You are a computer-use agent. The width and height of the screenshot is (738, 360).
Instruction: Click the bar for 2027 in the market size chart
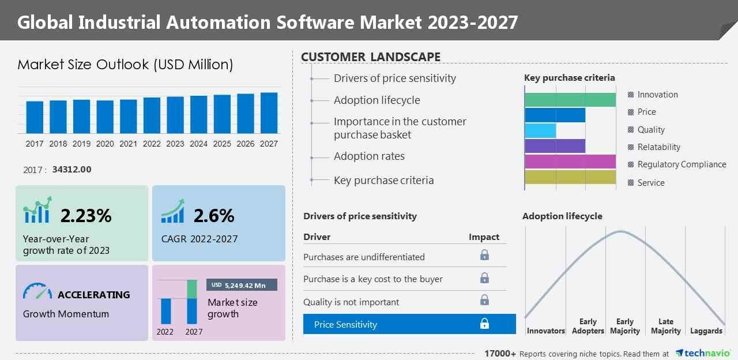tap(269, 113)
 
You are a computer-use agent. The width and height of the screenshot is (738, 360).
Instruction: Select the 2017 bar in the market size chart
tap(35, 117)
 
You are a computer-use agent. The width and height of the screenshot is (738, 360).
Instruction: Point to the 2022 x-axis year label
tap(152, 144)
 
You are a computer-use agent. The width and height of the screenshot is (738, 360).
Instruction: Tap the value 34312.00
tap(71, 170)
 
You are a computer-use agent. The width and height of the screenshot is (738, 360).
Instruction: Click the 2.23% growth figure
tap(86, 216)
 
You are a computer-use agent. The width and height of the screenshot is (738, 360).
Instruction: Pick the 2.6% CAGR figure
tap(214, 216)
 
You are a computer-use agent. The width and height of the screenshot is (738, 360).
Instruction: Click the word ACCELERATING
tap(93, 295)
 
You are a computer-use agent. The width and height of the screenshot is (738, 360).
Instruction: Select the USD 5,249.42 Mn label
tap(242, 285)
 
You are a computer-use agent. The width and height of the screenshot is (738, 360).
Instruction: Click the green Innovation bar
tap(570, 99)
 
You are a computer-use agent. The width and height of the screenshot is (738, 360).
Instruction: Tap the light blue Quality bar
tap(540, 130)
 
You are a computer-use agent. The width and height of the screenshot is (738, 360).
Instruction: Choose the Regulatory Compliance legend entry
tap(681, 164)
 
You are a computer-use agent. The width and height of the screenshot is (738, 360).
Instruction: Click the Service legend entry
tap(650, 183)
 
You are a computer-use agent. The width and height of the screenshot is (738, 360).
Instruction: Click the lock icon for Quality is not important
tap(484, 300)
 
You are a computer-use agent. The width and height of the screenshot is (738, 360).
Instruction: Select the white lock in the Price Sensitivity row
tap(484, 324)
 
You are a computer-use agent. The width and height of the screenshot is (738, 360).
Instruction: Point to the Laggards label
tap(706, 331)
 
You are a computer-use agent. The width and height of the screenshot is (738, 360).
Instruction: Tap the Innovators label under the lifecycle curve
tap(545, 331)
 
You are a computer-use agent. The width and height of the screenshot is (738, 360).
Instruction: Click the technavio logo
tap(702, 353)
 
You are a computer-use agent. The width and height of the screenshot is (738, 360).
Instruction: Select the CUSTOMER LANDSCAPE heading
tap(371, 57)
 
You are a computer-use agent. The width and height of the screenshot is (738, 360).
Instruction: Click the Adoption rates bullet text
tap(369, 156)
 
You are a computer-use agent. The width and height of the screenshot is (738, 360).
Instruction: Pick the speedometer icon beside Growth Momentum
tap(37, 291)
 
